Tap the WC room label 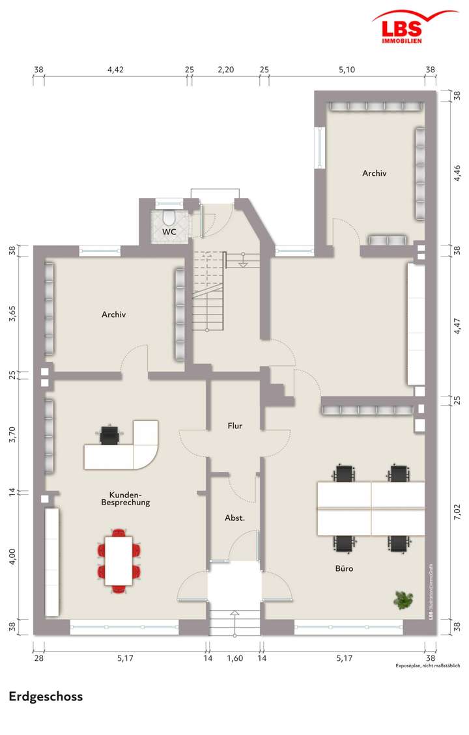click(169, 232)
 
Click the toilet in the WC click(169, 217)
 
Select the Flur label click(235, 426)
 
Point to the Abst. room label click(234, 518)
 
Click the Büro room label click(345, 568)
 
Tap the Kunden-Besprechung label click(126, 499)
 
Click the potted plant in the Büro click(405, 599)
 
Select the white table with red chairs click(119, 560)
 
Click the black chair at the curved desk click(110, 434)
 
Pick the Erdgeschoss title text click(46, 697)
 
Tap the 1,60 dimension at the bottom click(234, 658)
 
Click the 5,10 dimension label click(347, 70)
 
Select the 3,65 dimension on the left click(12, 312)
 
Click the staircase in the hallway click(208, 293)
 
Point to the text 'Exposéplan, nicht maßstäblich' click(428, 666)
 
